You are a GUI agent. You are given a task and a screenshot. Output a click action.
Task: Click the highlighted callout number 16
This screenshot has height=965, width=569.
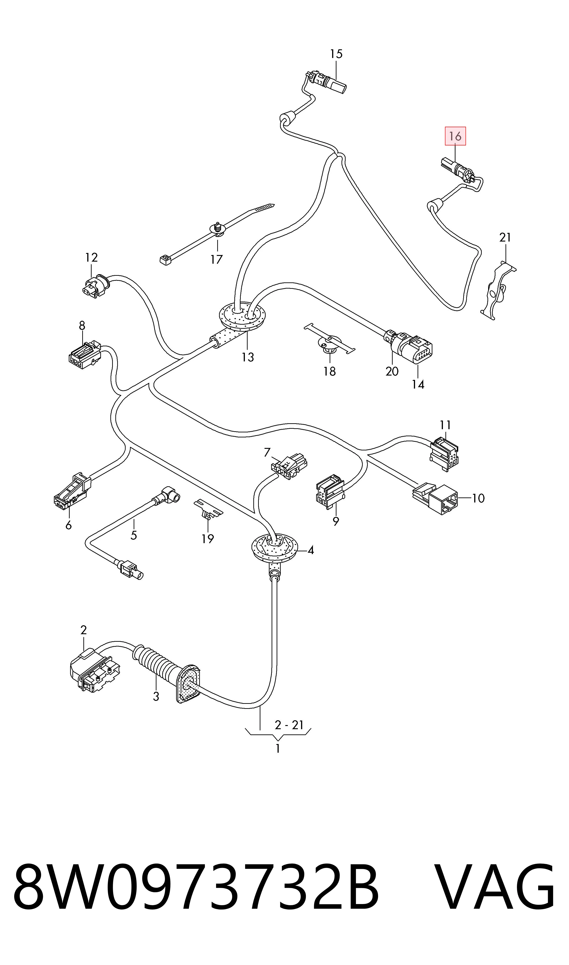pyautogui.click(x=455, y=136)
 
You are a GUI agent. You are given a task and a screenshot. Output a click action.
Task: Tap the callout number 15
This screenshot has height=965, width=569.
pyautogui.click(x=336, y=54)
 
